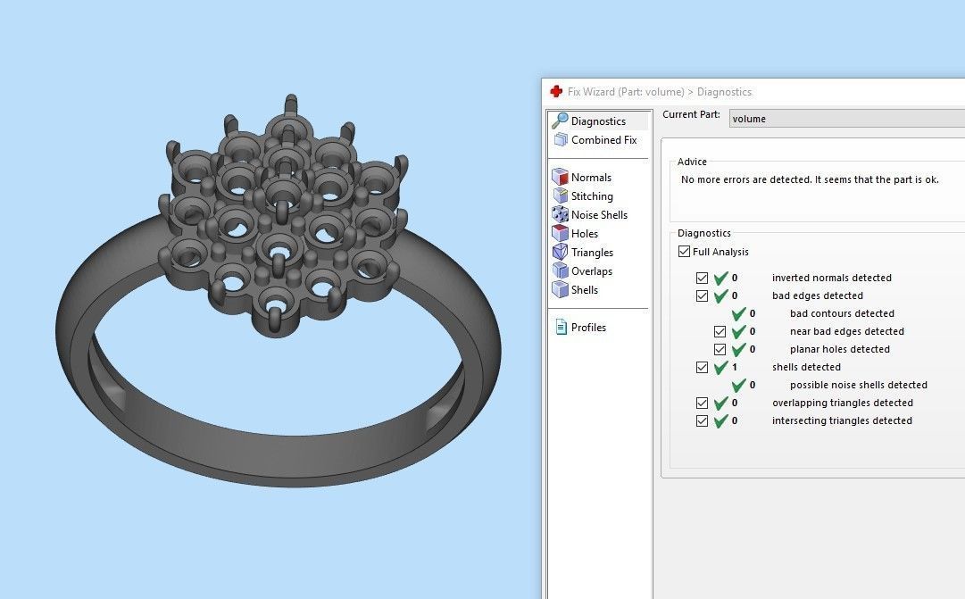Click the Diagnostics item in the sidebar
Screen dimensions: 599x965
coord(597,121)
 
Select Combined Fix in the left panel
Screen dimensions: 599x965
coord(603,140)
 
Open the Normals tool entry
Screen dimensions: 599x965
coord(591,178)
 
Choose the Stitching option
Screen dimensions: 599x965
coord(592,196)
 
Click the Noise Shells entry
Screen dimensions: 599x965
coord(598,215)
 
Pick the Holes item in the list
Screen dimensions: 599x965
coord(584,234)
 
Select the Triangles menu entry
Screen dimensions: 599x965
coord(592,253)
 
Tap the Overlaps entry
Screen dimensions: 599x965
coord(591,271)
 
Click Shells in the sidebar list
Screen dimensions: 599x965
coord(584,290)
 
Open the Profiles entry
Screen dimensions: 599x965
coord(587,328)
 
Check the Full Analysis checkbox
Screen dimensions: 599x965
coord(685,252)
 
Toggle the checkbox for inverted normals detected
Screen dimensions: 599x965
coord(702,278)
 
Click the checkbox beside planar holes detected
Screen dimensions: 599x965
coord(720,349)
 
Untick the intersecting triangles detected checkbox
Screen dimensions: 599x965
coord(702,420)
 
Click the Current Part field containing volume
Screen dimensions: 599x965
coord(844,118)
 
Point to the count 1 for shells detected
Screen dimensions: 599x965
coord(735,367)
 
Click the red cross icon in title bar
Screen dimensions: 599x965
coord(556,91)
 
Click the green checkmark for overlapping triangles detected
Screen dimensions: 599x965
coord(720,403)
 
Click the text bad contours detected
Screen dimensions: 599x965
coord(842,313)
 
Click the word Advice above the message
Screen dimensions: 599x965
coord(692,162)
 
